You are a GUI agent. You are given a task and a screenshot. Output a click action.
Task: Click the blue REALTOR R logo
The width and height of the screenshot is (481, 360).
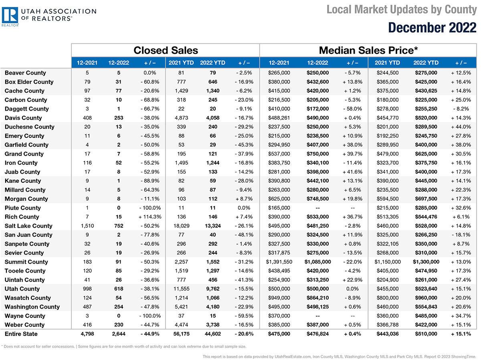10,15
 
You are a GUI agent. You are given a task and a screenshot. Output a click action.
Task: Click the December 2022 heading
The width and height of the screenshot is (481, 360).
432,28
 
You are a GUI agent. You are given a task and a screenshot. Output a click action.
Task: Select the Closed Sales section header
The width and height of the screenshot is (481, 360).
166,51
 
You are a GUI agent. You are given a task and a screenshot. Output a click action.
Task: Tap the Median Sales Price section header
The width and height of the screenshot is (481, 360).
368,51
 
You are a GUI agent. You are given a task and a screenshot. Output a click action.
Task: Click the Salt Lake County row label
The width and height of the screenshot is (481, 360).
28,226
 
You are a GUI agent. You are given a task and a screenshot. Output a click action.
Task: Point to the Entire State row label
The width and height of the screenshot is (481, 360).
21,334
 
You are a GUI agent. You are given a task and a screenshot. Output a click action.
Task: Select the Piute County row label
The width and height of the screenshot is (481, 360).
23,208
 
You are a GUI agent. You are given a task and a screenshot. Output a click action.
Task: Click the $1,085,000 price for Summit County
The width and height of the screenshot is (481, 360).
317,262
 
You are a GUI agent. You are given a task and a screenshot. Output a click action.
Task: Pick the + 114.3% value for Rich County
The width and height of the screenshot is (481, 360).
150,217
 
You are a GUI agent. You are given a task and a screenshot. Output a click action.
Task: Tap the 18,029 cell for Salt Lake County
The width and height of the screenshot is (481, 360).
182,226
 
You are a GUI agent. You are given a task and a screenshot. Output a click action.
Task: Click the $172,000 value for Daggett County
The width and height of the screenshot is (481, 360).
317,109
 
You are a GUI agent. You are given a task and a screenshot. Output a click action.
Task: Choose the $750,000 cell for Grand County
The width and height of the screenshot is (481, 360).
317,154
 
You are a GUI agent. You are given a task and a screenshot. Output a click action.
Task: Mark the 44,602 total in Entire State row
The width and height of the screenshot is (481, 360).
213,334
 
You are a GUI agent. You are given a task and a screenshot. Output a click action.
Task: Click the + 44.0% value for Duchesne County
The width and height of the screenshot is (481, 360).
461,127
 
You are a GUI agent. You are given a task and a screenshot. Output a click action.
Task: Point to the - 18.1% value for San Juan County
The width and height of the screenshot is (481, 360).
461,235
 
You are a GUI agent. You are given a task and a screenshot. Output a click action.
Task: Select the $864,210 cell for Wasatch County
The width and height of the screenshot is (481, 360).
317,298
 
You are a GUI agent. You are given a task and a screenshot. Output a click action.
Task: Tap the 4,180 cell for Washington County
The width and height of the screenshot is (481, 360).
213,307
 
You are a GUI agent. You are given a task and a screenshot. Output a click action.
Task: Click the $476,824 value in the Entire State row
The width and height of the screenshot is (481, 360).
317,334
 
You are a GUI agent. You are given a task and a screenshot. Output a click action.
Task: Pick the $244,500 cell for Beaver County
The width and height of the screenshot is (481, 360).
388,73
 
